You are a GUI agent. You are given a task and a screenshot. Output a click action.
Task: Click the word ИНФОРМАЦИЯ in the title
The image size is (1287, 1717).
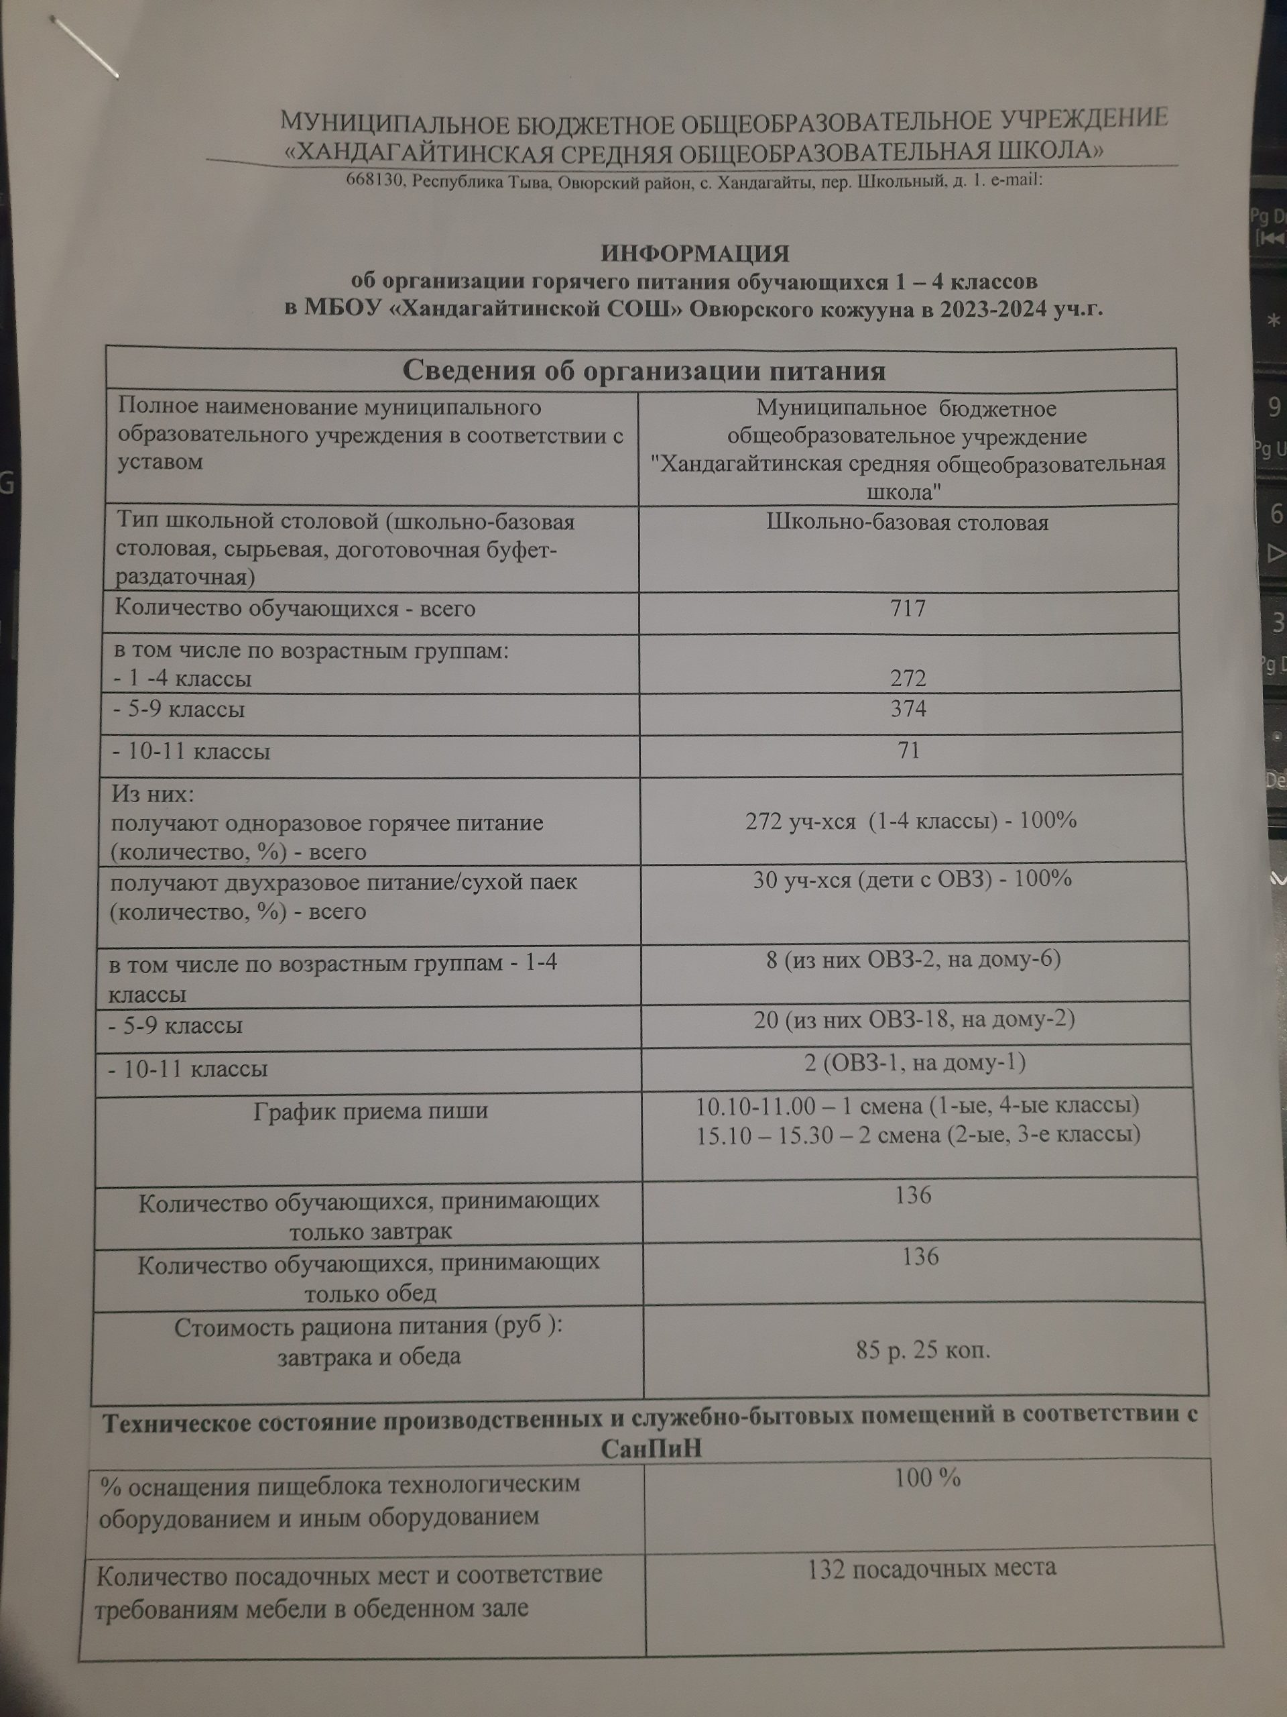695,254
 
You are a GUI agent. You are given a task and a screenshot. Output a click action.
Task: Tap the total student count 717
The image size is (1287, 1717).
908,608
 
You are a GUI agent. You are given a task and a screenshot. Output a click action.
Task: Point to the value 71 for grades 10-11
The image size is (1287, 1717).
908,750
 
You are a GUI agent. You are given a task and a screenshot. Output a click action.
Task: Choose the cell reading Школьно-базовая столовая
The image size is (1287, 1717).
907,522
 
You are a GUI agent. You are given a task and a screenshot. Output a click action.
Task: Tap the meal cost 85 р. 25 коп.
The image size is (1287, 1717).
923,1351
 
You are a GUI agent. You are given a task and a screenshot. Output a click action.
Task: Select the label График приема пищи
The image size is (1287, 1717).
371,1111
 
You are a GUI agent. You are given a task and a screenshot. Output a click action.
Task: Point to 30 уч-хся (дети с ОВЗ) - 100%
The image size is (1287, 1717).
912,879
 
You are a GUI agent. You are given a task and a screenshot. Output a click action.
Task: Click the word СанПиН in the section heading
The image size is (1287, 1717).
650,1449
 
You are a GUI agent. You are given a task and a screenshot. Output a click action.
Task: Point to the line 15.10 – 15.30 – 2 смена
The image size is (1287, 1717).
918,1135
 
